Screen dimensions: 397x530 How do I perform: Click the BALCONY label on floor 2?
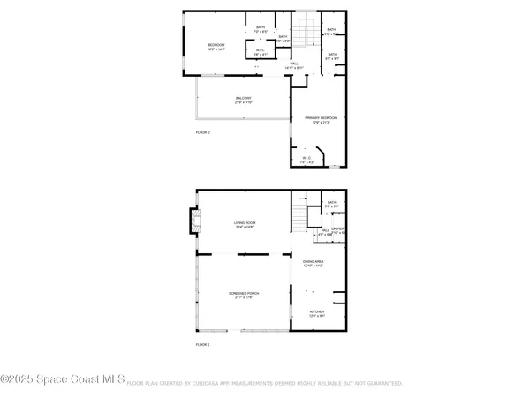244,98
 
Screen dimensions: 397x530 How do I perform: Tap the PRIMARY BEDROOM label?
322,117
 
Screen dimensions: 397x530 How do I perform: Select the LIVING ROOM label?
244,223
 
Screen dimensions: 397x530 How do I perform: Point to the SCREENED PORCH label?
244,292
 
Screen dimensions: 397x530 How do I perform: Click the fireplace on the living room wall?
192,224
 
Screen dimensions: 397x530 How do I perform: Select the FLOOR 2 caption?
203,132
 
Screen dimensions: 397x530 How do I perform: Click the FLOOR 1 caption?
203,345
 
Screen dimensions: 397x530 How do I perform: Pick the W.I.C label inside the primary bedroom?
306,160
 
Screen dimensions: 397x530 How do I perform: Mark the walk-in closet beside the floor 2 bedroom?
261,53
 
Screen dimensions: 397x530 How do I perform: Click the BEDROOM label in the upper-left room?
216,45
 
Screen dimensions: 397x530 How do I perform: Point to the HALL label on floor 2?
295,64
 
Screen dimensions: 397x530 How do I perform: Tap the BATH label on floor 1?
331,202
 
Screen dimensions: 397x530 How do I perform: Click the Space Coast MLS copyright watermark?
64,380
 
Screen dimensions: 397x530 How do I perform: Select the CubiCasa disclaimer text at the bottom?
265,384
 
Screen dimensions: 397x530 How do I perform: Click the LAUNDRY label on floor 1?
338,229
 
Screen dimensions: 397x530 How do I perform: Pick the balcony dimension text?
244,103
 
